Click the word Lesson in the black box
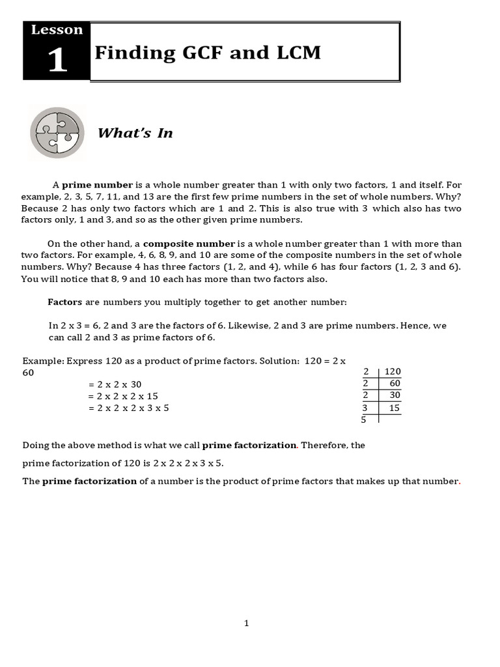(x=57, y=30)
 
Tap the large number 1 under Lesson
(x=57, y=61)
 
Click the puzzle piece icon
(x=57, y=133)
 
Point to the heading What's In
(x=135, y=133)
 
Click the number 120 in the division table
(x=393, y=371)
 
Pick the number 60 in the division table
(x=395, y=383)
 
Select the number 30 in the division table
(x=395, y=395)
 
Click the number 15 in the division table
(x=395, y=408)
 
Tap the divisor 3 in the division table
(x=365, y=408)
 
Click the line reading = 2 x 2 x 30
(x=115, y=384)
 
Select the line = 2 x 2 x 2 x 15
(x=123, y=396)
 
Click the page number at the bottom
(x=247, y=623)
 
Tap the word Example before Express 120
(x=40, y=360)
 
